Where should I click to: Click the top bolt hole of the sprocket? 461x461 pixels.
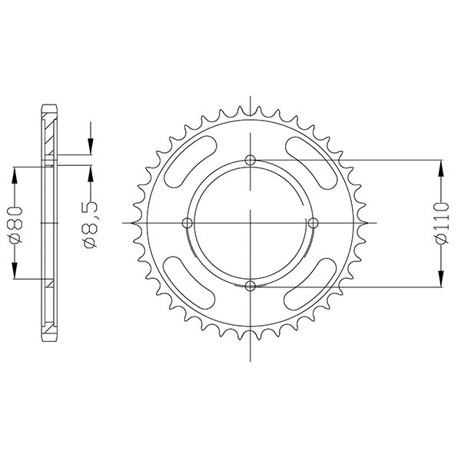pyautogui.click(x=250, y=160)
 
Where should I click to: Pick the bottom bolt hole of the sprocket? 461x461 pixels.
pyautogui.click(x=250, y=286)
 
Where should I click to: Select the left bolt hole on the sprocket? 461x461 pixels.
pyautogui.click(x=187, y=223)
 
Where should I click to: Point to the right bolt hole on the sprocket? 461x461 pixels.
pyautogui.click(x=313, y=223)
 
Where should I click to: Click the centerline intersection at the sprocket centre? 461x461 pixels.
pyautogui.click(x=250, y=223)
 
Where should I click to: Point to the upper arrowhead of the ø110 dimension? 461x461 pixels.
pyautogui.click(x=441, y=167)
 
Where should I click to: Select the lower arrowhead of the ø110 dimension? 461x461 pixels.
pyautogui.click(x=441, y=279)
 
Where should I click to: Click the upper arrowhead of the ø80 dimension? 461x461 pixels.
pyautogui.click(x=15, y=174)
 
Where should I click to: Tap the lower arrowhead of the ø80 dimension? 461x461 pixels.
pyautogui.click(x=15, y=271)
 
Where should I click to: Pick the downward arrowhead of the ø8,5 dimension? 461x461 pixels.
pyautogui.click(x=91, y=148)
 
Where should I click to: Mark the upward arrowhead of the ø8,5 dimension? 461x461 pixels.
pyautogui.click(x=91, y=173)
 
